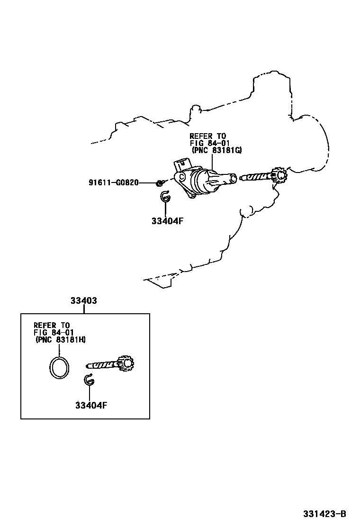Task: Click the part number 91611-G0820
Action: tap(113, 182)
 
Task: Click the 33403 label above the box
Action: tap(84, 300)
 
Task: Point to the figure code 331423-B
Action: tap(324, 514)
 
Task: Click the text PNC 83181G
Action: tap(217, 150)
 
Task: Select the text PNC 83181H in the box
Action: tap(60, 340)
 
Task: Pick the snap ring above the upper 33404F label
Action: tap(165, 197)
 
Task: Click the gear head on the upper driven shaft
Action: tap(279, 176)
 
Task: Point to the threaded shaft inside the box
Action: tap(102, 365)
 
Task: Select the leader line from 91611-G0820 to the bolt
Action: tap(147, 182)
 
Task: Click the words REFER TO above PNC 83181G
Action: tap(207, 136)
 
